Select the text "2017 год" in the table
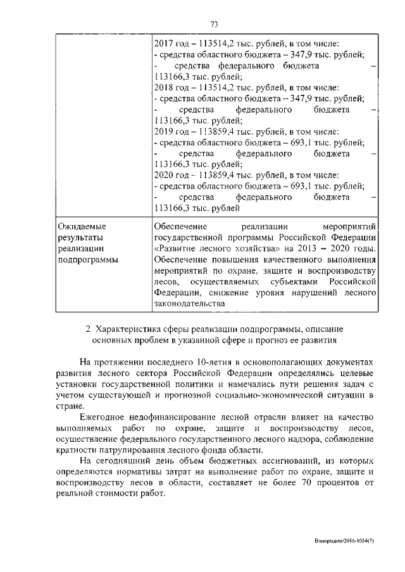(171, 44)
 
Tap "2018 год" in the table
(171, 87)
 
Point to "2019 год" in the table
(171, 131)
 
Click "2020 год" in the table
(171, 175)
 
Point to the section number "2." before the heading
(89, 329)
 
